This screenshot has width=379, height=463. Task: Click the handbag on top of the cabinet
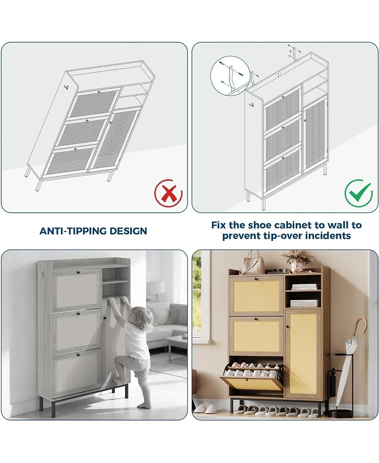(252, 264)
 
